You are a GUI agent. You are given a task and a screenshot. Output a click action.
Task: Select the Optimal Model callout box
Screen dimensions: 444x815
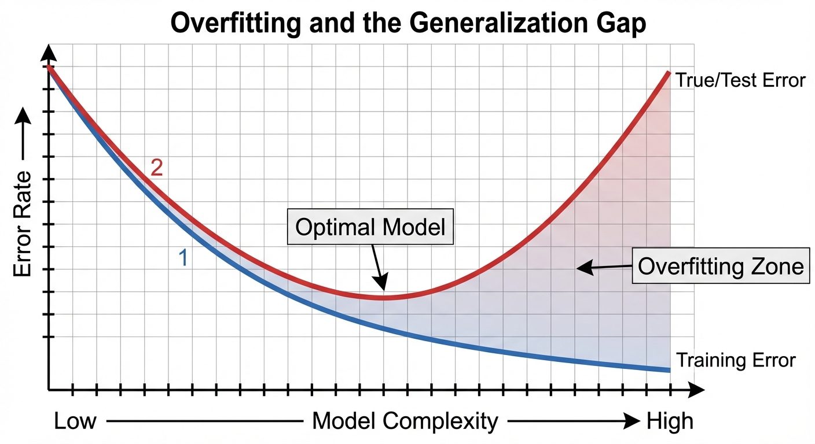[x=370, y=227]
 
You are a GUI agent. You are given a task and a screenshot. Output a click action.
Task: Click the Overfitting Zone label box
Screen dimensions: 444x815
[x=721, y=267]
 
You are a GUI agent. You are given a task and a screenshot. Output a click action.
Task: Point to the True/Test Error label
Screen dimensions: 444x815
[x=740, y=80]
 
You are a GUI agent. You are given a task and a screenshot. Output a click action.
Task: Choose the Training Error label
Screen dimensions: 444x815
[x=736, y=361]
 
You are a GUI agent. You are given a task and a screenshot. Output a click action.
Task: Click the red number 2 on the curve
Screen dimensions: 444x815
[x=156, y=168]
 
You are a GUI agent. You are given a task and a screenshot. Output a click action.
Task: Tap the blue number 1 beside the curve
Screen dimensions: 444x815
[x=182, y=258]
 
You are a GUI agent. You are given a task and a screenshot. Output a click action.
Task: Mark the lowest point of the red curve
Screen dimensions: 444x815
[x=383, y=297]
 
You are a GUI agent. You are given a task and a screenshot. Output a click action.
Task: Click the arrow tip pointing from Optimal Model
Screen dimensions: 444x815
[x=382, y=287]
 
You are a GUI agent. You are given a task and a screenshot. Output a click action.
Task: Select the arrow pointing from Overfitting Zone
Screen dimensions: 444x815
[x=602, y=267]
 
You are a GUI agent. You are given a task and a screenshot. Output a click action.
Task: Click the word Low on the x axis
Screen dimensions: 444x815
[x=75, y=421]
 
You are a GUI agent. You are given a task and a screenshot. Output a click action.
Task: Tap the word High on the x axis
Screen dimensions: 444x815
[x=669, y=421]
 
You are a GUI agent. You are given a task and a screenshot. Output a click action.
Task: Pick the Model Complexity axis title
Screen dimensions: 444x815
[x=405, y=421]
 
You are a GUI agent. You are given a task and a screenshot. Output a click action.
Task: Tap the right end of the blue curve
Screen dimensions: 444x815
[x=669, y=370]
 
